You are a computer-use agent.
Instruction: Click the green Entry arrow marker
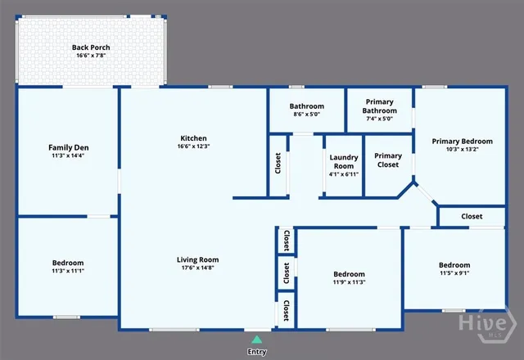click(x=257, y=338)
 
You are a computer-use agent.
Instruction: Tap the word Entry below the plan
click(x=257, y=352)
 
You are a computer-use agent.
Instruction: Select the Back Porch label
click(x=91, y=48)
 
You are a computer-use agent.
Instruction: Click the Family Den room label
click(x=68, y=147)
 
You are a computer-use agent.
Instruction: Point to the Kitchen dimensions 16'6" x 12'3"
click(x=194, y=146)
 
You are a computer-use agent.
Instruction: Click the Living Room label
click(x=198, y=260)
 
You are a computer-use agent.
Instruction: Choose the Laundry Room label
click(x=343, y=161)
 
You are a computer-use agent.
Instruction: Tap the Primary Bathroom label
click(x=379, y=106)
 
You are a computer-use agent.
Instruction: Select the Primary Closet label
click(x=388, y=160)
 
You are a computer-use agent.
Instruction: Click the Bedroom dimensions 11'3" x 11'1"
click(x=68, y=271)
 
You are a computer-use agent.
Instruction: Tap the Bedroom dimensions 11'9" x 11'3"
click(x=349, y=282)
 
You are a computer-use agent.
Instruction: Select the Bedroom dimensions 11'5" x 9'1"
click(x=454, y=273)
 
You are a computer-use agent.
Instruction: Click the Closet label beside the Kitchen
click(x=278, y=164)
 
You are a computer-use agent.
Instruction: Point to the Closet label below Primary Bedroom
click(x=472, y=217)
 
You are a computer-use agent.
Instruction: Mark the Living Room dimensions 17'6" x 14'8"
click(x=198, y=268)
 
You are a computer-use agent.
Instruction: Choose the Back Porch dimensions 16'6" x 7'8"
click(x=91, y=56)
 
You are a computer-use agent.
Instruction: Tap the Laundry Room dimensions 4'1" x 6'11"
click(x=343, y=175)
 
